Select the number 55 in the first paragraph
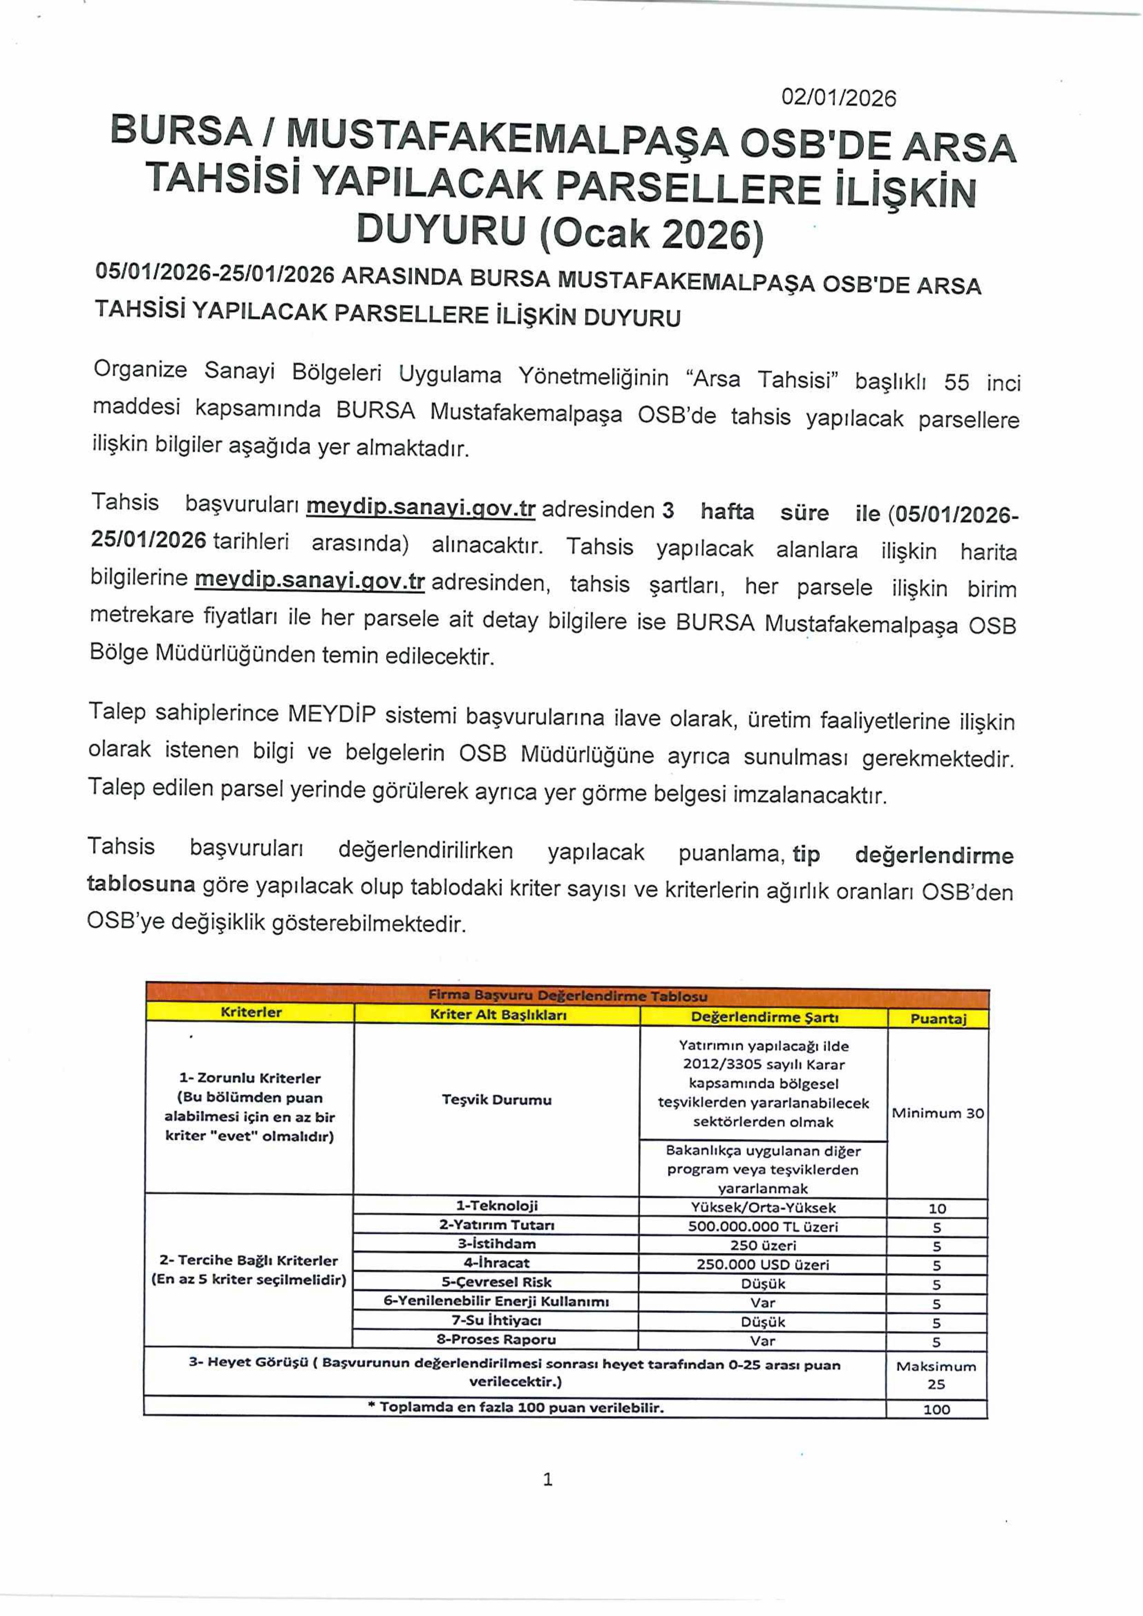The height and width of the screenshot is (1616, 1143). (956, 382)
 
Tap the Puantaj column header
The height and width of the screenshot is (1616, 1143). (938, 1018)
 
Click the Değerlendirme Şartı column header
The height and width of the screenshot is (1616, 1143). (764, 1017)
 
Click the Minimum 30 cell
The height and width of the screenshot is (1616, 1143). (938, 1113)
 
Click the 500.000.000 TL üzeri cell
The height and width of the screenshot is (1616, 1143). (763, 1226)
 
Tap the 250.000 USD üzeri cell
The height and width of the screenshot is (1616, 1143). (763, 1264)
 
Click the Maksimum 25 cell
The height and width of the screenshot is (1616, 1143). (936, 1375)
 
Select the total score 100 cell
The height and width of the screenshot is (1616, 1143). (936, 1409)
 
